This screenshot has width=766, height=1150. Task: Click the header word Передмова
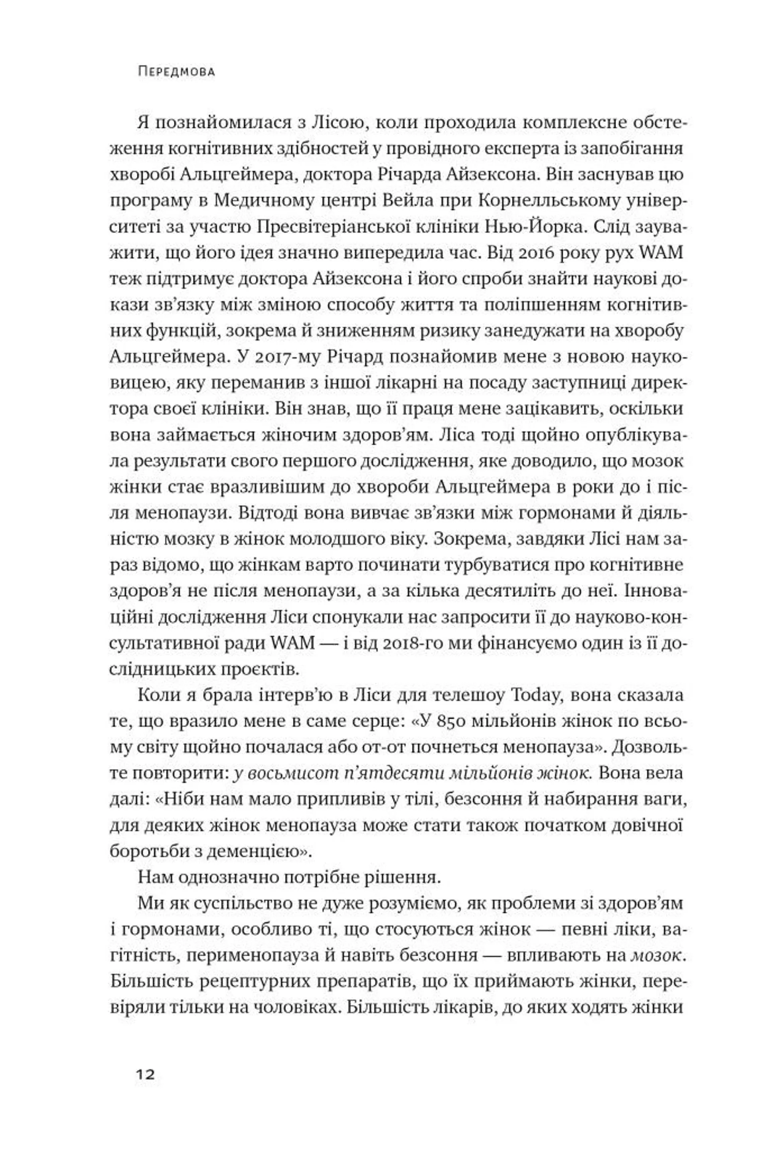click(176, 72)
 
